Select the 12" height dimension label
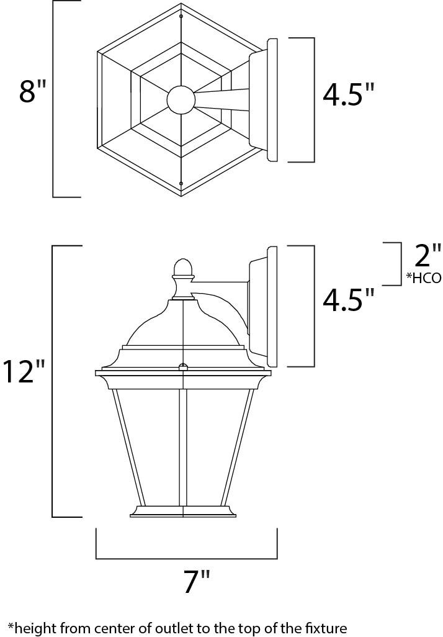[24, 371]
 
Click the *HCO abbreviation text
[423, 279]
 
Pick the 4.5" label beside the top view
[349, 95]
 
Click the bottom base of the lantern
[184, 512]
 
